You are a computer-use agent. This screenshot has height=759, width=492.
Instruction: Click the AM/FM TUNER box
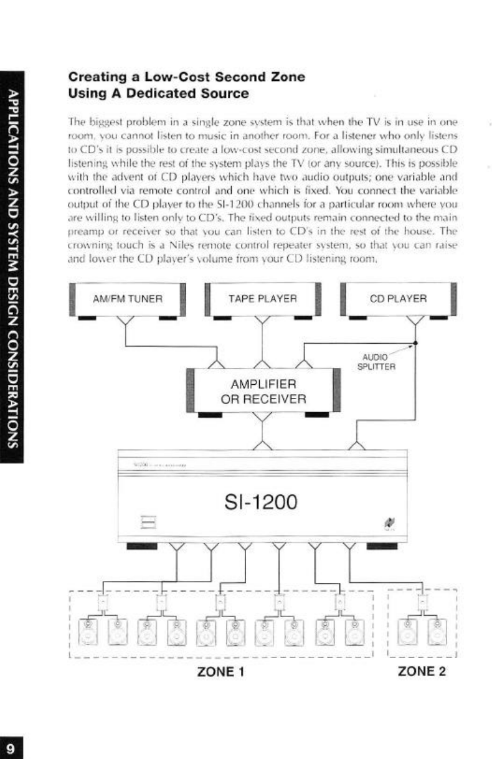(127, 298)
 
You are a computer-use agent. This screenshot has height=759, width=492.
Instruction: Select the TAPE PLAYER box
(262, 298)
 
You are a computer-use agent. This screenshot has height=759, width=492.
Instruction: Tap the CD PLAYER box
(398, 298)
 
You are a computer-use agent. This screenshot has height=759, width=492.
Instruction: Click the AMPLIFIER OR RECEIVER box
(264, 390)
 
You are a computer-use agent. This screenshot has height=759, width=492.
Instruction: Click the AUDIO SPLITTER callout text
(377, 362)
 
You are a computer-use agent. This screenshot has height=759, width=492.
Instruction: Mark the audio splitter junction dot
(415, 342)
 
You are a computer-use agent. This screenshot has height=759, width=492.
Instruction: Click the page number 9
(11, 747)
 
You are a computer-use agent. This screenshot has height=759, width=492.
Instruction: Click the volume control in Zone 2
(422, 602)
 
